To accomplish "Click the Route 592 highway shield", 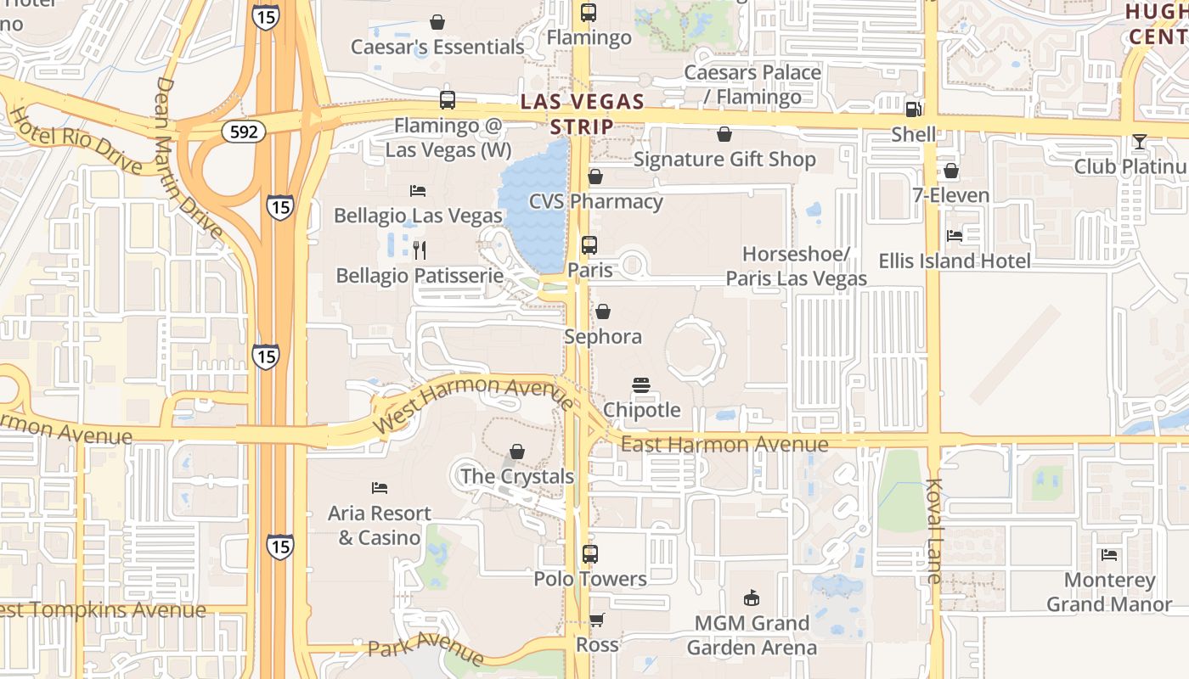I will [245, 131].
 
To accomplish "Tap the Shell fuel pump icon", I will [914, 109].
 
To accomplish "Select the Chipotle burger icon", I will [641, 385].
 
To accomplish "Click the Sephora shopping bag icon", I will [603, 311].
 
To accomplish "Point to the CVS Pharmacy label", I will [595, 202].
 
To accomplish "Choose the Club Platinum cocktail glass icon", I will [1139, 142].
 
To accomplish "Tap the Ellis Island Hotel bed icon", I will [955, 236].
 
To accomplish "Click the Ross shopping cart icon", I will [597, 620].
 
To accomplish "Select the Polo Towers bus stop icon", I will [590, 554].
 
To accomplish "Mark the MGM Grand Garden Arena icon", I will [751, 598].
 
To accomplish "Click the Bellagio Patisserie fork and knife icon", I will [418, 250].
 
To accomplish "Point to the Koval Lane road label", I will [934, 531].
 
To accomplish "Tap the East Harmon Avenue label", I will [724, 444].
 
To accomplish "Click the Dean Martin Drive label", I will [189, 159].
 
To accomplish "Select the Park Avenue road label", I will [425, 649].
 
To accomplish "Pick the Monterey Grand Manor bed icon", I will [1109, 555].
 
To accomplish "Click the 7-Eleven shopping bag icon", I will [951, 171].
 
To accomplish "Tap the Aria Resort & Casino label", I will [380, 525].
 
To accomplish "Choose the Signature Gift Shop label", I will [724, 160].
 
